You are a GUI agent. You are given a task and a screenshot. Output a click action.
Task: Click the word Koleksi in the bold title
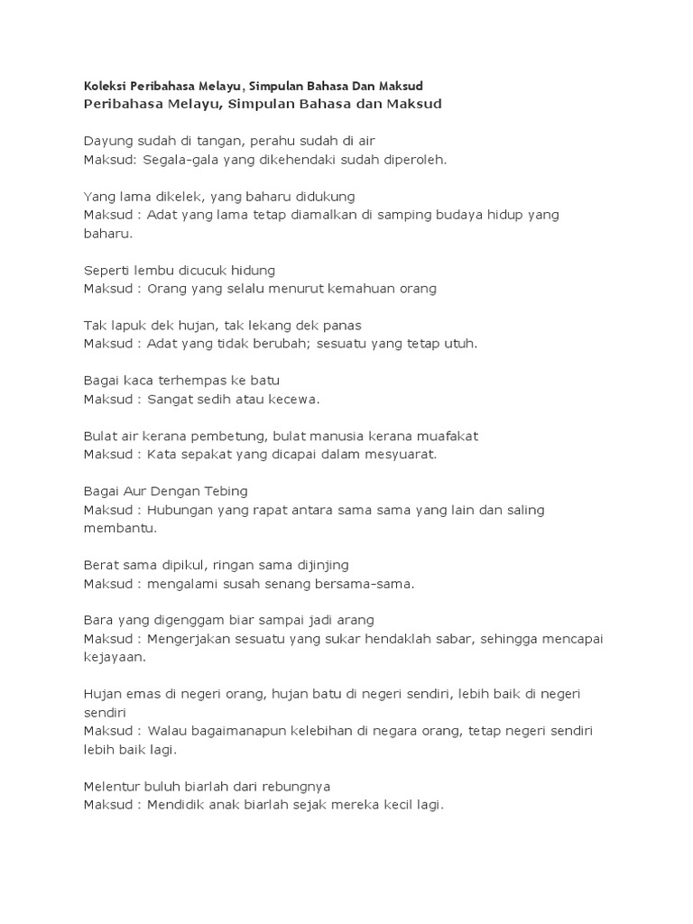(x=105, y=86)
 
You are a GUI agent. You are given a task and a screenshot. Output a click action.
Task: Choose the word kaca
(x=143, y=381)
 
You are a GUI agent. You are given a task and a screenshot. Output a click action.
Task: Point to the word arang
(x=354, y=620)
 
